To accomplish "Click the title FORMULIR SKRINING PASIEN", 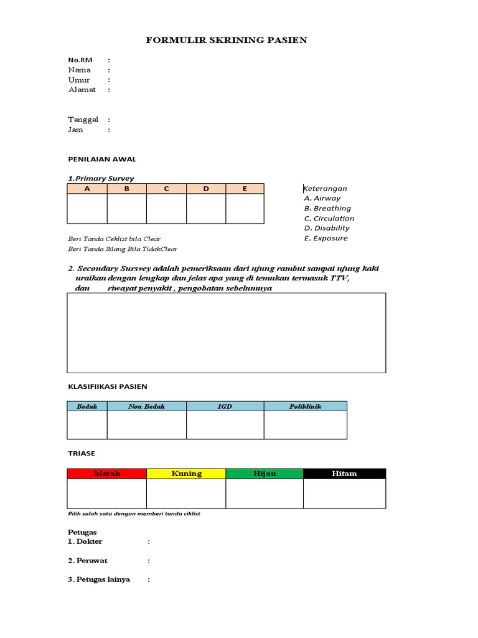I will [x=227, y=40].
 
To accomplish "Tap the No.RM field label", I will [x=80, y=60].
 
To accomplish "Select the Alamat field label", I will [x=82, y=90].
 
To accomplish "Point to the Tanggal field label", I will [x=83, y=120].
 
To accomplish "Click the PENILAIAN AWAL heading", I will [x=102, y=159].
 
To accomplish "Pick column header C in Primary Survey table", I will [x=166, y=188].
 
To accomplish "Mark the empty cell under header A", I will [x=87, y=208].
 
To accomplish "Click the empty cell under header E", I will [x=245, y=208].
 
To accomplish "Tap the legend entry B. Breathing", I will [x=327, y=208].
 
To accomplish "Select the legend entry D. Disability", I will [x=327, y=228].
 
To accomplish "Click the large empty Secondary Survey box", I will [x=226, y=333].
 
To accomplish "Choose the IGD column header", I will [x=225, y=406].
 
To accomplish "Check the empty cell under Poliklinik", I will [x=305, y=425].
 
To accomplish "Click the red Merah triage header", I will [x=106, y=474].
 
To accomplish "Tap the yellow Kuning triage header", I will [x=186, y=474].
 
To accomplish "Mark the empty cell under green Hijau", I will [x=265, y=493].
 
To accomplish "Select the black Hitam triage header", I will [x=344, y=474].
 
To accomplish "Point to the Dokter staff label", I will [x=85, y=541].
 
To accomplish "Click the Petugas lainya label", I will [x=99, y=579].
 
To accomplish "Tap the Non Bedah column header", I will [x=146, y=406].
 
